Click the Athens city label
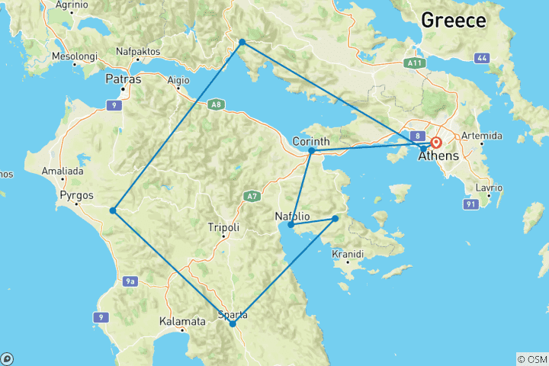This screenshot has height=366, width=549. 438,156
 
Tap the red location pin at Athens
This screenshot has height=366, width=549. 436,143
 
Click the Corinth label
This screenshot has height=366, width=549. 311,141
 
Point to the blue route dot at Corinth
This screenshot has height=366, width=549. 312,151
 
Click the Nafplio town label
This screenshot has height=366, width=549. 291,216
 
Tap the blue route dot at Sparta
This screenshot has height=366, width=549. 233,324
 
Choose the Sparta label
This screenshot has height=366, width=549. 233,314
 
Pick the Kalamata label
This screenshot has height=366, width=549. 182,322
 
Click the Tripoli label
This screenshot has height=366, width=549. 223,227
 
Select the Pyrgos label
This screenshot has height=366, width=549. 75,194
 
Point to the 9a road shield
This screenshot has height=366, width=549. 130,281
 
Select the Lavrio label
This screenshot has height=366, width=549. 490,188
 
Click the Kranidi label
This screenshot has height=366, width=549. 347,253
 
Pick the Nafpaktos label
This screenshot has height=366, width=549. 136,52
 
